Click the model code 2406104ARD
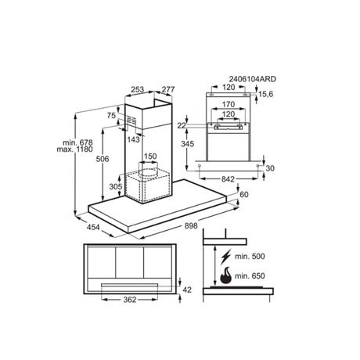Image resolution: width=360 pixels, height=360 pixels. (x=252, y=79)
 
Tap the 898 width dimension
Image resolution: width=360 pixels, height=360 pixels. (x=191, y=225)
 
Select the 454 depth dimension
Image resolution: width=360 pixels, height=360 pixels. (x=93, y=227)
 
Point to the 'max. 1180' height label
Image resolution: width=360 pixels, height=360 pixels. (x=74, y=149)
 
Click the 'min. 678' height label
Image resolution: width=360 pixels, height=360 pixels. (x=77, y=142)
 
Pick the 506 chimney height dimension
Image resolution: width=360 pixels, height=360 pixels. (x=103, y=159)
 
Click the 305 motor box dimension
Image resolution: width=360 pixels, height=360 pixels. (x=116, y=186)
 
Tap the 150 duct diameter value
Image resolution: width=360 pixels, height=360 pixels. (x=150, y=157)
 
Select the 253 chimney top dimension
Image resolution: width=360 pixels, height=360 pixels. (x=138, y=89)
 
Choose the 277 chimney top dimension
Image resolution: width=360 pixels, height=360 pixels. (x=168, y=89)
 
